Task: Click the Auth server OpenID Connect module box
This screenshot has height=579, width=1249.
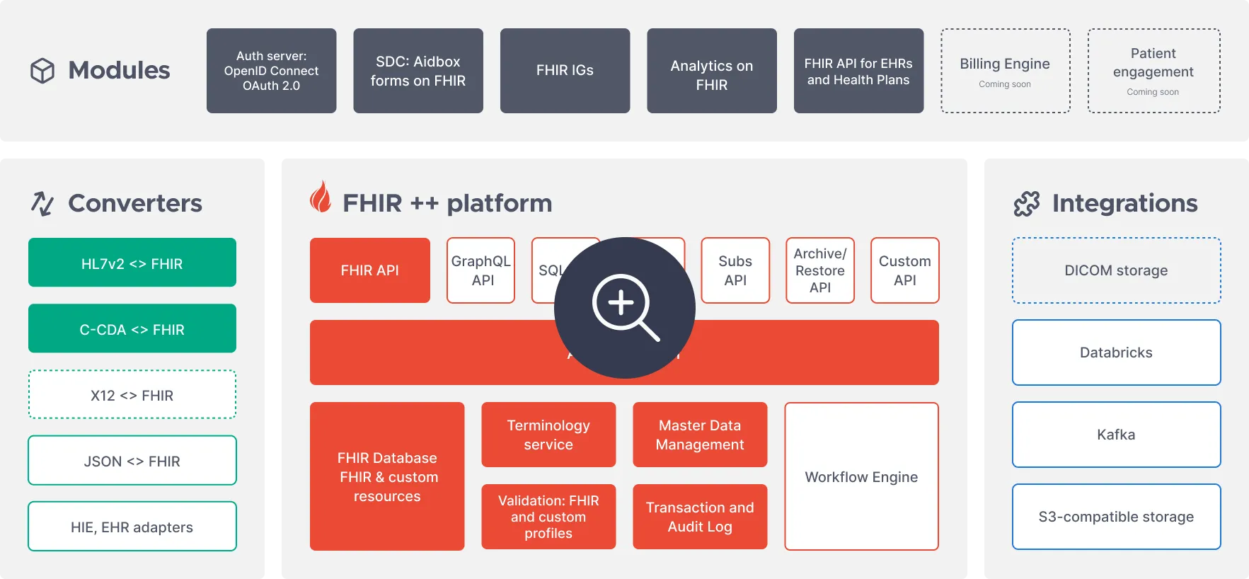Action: tap(271, 71)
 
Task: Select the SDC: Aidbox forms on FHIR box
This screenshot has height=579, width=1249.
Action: tap(418, 71)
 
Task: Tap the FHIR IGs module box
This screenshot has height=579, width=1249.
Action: tap(565, 71)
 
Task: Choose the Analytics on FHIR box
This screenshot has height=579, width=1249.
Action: tap(711, 71)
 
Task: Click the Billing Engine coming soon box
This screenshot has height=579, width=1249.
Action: tap(1005, 71)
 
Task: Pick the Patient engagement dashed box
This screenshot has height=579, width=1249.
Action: tap(1153, 71)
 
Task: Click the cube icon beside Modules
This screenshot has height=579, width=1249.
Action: tap(42, 71)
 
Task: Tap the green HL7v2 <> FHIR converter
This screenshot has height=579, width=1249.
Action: tap(132, 263)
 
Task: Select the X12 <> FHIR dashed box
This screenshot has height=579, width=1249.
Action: tap(132, 394)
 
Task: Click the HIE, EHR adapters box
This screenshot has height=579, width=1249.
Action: tap(132, 526)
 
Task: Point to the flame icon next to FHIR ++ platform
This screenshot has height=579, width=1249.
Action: tap(321, 197)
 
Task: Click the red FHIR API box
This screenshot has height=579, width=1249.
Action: tap(369, 270)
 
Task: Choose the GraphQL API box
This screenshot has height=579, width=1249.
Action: tap(481, 270)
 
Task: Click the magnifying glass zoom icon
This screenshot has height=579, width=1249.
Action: tap(624, 307)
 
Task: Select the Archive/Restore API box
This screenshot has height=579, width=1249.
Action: tap(819, 270)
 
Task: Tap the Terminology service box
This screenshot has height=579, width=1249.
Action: tap(548, 435)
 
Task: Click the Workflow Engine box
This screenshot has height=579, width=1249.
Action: tap(861, 476)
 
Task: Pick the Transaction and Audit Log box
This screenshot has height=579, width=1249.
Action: tap(699, 517)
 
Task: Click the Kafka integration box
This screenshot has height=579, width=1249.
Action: tap(1116, 435)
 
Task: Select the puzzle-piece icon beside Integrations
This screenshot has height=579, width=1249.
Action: tap(1027, 204)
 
